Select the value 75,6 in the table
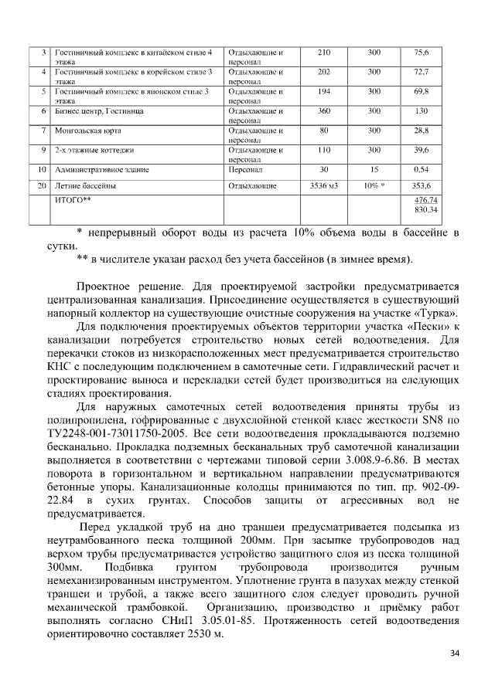[x=422, y=53]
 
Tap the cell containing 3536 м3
[x=323, y=186]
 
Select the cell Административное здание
[x=101, y=168]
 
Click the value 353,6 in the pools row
[x=422, y=186]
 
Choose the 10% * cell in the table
[x=374, y=186]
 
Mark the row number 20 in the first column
[x=43, y=186]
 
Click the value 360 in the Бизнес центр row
[x=323, y=110]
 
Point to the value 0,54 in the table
[x=422, y=168]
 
